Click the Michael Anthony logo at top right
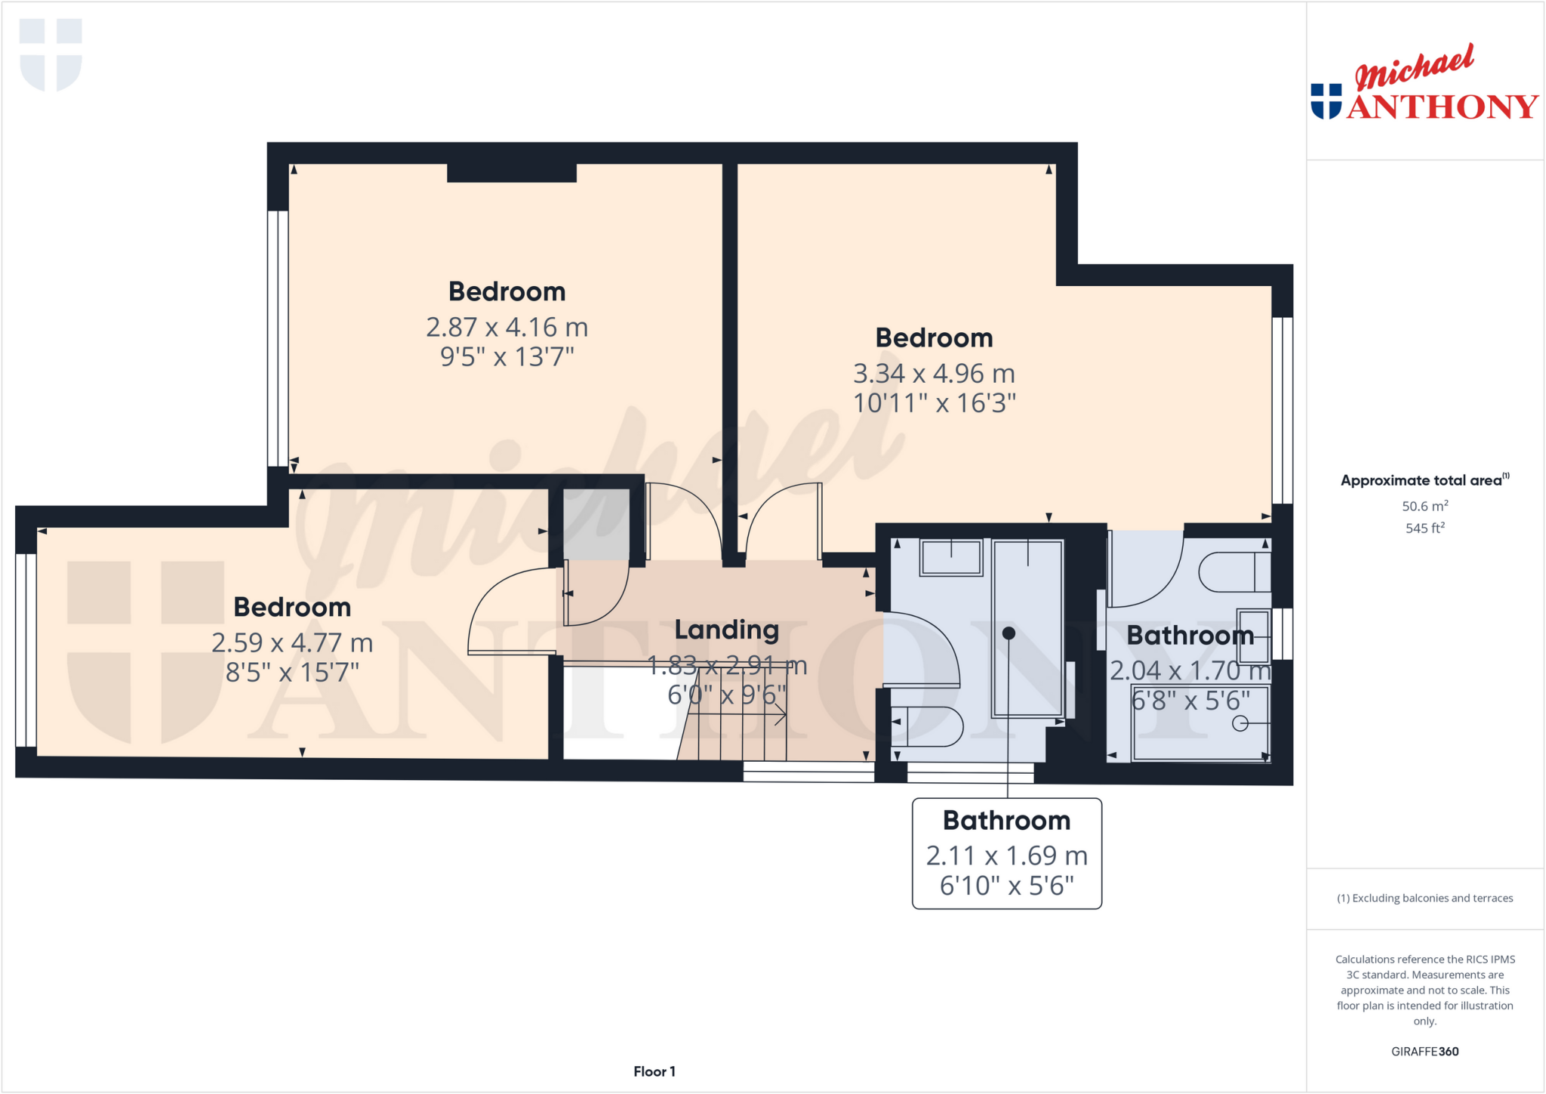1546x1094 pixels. coord(1424,85)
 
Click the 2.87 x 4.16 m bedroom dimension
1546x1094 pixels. coord(507,327)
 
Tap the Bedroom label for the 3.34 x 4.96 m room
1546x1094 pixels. coord(934,337)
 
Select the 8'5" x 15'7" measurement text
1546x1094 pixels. coord(292,672)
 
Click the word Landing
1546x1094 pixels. coord(726,629)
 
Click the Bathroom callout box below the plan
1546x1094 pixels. coord(1006,853)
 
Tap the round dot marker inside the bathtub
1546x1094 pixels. coord(1009,633)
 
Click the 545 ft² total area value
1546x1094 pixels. coord(1424,528)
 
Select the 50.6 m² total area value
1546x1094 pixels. coord(1424,506)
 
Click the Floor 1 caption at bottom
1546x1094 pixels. coord(654,1071)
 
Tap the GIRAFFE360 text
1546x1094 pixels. coord(1424,1051)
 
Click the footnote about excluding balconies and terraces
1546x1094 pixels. coord(1424,898)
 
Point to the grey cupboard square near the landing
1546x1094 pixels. coord(596,524)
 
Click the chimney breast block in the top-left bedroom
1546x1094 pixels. coord(512,173)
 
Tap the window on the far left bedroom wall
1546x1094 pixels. coord(26,650)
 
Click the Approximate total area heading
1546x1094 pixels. coord(1424,480)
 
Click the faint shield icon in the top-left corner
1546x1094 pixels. coord(51,54)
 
